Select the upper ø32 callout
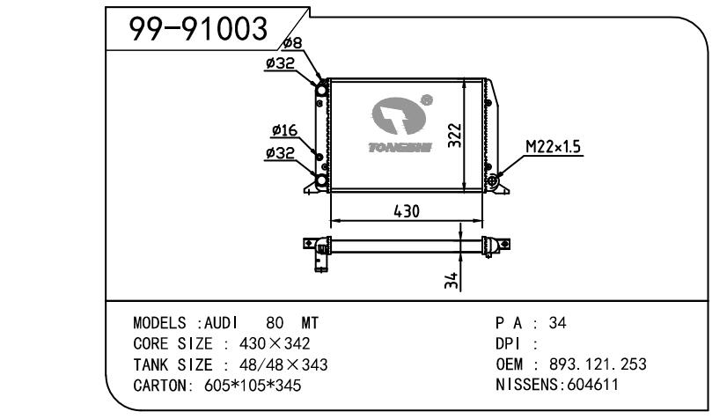click(x=281, y=62)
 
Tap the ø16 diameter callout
click(x=283, y=130)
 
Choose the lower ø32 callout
click(x=281, y=152)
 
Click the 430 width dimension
click(x=406, y=211)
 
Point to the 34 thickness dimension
click(x=450, y=280)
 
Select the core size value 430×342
click(x=275, y=343)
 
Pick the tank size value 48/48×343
click(x=278, y=364)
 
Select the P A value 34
click(x=557, y=323)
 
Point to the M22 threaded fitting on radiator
click(x=495, y=181)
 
